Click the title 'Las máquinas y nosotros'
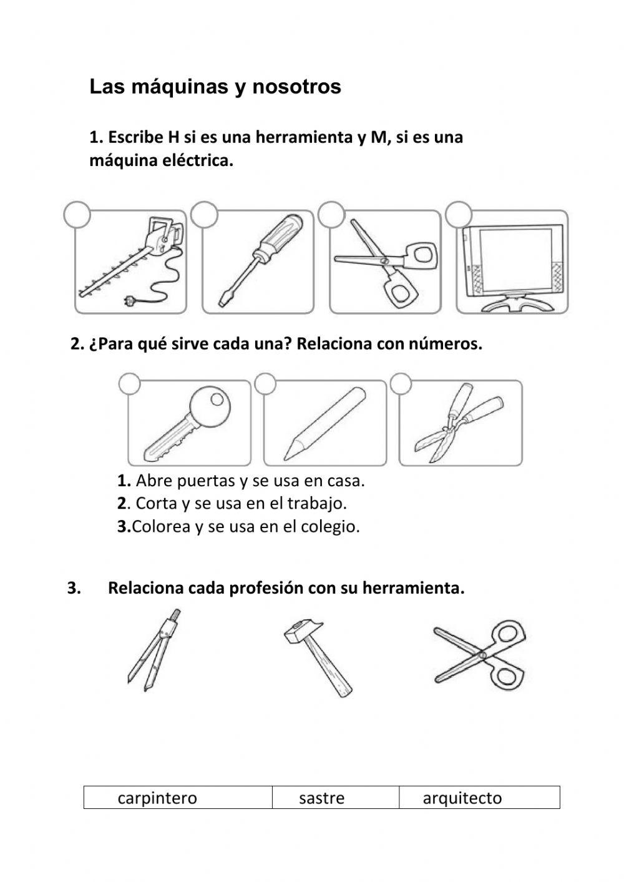tap(215, 87)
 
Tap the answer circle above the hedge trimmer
tap(77, 214)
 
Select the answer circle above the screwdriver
tap(204, 214)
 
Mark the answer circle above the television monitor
tap(459, 214)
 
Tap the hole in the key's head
tap(215, 398)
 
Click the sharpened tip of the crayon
tap(288, 454)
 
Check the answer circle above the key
tap(129, 384)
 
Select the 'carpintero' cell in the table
tap(157, 798)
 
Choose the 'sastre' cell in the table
tap(322, 798)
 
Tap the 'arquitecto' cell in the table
tap(462, 798)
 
